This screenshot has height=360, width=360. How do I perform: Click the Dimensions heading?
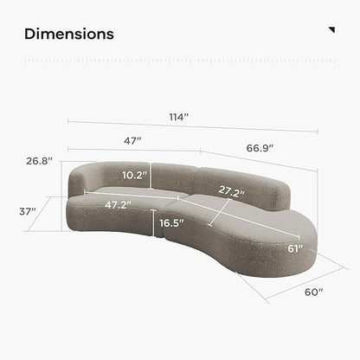pos(69,34)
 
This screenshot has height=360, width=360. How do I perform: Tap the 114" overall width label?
pos(179,117)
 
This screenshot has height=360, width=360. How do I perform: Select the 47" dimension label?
pos(132,141)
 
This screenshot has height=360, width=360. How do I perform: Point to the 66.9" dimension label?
pos(260,148)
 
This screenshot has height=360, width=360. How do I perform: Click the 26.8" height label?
pos(40,161)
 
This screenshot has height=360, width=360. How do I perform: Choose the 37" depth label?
pos(28,211)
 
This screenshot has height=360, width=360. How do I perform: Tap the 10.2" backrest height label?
pos(135,175)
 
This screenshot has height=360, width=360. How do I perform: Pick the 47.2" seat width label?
pos(118,205)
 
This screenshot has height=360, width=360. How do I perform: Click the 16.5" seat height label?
pos(171,223)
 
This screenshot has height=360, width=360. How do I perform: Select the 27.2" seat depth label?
pos(232,191)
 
